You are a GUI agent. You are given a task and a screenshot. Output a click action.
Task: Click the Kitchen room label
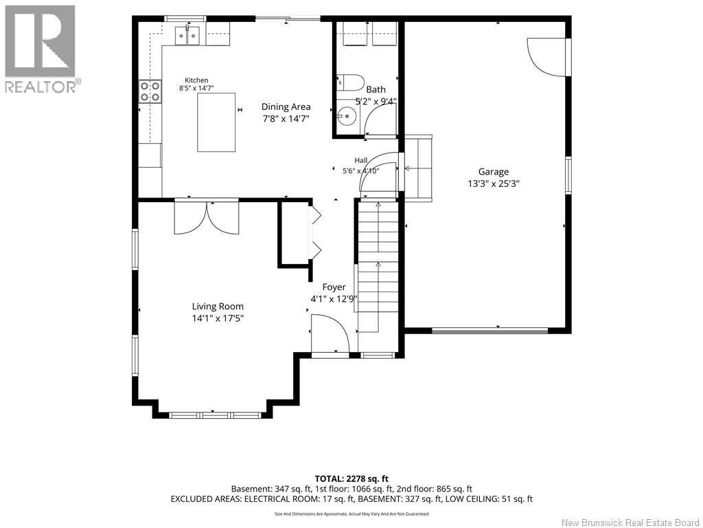click(196, 80)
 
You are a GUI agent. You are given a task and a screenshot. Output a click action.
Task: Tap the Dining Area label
click(286, 107)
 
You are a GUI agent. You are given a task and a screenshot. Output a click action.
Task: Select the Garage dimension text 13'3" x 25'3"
click(493, 184)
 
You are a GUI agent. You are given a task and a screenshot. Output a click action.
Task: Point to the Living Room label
click(218, 307)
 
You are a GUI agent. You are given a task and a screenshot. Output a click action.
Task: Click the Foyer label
click(334, 287)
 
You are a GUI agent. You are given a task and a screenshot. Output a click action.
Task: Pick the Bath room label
click(376, 89)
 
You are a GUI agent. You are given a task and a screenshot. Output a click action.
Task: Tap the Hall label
click(361, 160)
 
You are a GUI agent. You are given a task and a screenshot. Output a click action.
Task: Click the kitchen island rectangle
click(216, 122)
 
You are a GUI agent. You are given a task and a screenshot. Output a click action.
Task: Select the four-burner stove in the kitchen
click(150, 91)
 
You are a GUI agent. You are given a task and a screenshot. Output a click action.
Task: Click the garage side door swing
click(547, 57)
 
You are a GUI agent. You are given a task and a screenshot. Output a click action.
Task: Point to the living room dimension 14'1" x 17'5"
click(218, 318)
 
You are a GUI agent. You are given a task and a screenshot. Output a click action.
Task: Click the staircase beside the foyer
click(378, 267)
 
